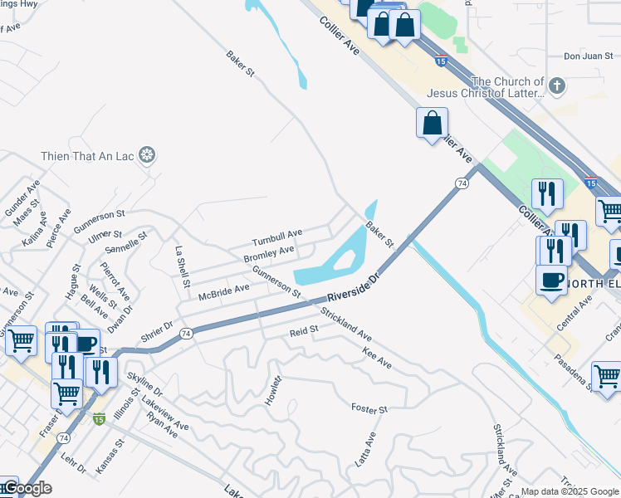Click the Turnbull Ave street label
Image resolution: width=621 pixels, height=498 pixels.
point(277,237)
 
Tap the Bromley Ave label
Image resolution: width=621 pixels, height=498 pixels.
point(269,254)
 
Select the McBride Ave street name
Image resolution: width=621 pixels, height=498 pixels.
point(224,292)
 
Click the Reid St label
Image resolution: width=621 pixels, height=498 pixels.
point(304,331)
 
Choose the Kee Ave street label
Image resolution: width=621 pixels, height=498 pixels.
point(377,358)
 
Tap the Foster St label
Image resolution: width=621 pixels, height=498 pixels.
point(369,409)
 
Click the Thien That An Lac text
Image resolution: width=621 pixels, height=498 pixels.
point(88,155)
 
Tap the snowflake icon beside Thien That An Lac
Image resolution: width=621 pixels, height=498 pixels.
point(147,155)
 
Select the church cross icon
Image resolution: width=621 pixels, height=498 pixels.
point(556,85)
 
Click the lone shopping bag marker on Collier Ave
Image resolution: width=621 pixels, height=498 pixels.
point(432,124)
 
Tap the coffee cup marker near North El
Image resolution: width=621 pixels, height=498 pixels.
point(551,280)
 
